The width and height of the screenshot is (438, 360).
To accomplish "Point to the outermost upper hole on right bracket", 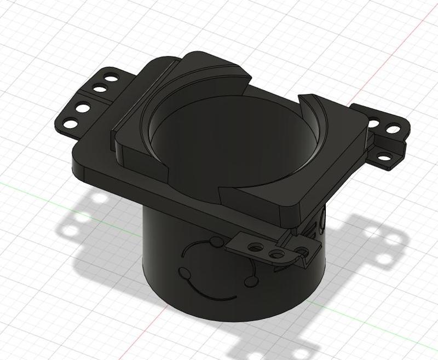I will coord(393,130).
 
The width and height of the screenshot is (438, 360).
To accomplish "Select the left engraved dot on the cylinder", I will coord(182,272).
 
